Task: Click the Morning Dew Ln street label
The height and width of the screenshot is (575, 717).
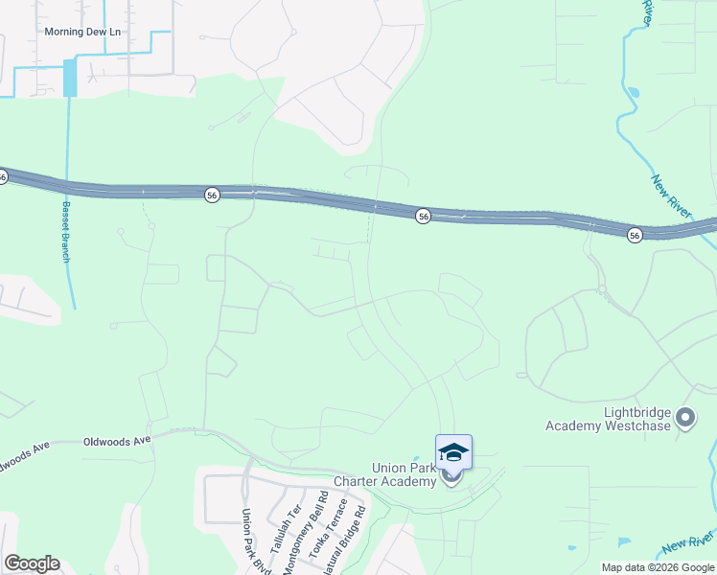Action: [x=83, y=32]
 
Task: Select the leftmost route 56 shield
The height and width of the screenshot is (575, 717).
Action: [x=3, y=176]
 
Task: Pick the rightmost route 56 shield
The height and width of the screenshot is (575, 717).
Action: [x=635, y=235]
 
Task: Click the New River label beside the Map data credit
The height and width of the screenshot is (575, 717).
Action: [x=686, y=544]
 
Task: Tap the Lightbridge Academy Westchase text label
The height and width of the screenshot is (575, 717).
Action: [x=609, y=419]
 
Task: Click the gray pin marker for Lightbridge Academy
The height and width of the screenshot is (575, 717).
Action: [x=684, y=418]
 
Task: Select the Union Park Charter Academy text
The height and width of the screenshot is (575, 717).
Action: [x=384, y=474]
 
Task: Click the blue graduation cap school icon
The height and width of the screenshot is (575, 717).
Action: [x=453, y=451]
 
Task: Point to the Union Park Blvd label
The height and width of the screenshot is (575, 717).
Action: [x=253, y=541]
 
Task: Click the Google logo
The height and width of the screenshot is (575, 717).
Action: [x=32, y=563]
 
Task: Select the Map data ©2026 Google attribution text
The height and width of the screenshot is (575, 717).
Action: [x=658, y=567]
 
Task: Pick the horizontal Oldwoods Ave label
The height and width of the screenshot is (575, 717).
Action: [x=117, y=441]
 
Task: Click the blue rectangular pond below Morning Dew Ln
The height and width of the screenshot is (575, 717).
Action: [x=69, y=78]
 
